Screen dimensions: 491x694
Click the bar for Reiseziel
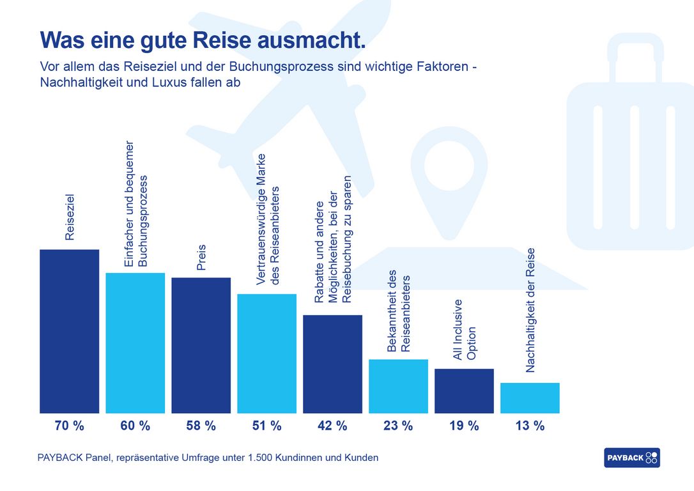(69, 331)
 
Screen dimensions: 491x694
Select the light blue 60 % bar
(135, 343)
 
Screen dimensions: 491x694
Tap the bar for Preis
(201, 345)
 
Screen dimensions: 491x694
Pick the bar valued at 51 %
(266, 354)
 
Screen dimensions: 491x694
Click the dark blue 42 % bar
(332, 364)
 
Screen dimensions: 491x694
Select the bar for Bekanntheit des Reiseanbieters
(398, 386)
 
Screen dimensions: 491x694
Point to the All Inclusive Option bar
(464, 391)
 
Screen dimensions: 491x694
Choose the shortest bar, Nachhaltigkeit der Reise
(530, 398)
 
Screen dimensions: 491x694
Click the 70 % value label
(69, 426)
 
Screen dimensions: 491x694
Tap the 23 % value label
(398, 426)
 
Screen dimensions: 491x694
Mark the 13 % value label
(530, 426)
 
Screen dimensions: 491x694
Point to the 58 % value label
(201, 426)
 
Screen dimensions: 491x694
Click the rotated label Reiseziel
(70, 217)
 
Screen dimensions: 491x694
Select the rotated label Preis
(201, 257)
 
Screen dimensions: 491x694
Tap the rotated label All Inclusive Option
(465, 329)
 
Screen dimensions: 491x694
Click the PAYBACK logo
(631, 458)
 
